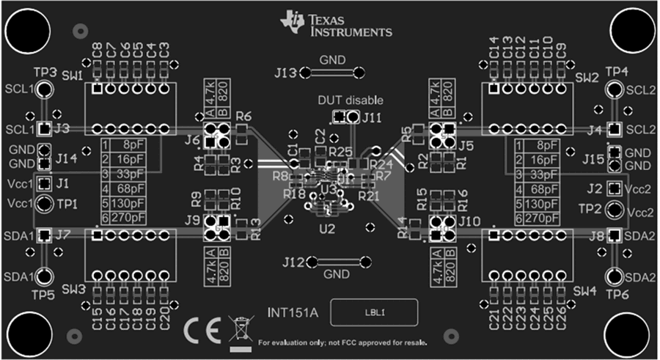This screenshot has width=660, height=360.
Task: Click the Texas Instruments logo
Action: pyautogui.click(x=337, y=23)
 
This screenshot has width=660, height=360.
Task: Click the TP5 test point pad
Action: pyautogui.click(x=45, y=276)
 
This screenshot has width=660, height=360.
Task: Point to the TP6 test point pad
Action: pyautogui.click(x=615, y=276)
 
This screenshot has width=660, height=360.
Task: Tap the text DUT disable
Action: pyautogui.click(x=350, y=100)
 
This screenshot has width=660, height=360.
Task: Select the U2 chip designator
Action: pyautogui.click(x=326, y=229)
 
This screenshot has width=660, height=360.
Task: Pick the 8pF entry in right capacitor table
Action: pyautogui.click(x=541, y=145)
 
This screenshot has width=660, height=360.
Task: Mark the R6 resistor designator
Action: pyautogui.click(x=244, y=117)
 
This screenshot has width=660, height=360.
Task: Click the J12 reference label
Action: pyautogui.click(x=292, y=262)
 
